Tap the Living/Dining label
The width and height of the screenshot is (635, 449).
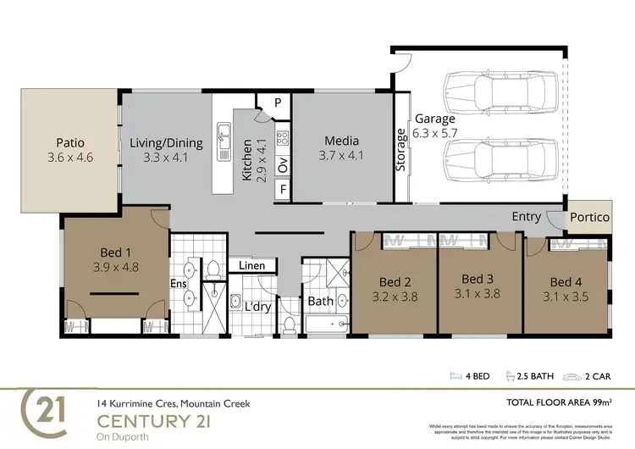click(166, 142)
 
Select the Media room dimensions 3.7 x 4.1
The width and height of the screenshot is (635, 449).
click(341, 156)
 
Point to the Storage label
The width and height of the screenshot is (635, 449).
click(401, 150)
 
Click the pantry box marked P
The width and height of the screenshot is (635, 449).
click(278, 103)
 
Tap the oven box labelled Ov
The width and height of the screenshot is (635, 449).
click(283, 161)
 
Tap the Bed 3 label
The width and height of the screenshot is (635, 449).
click(478, 279)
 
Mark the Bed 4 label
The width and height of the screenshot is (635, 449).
click(566, 281)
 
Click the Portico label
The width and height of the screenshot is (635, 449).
click(589, 218)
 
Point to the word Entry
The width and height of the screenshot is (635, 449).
click(526, 217)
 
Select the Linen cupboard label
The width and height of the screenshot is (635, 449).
click(251, 266)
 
